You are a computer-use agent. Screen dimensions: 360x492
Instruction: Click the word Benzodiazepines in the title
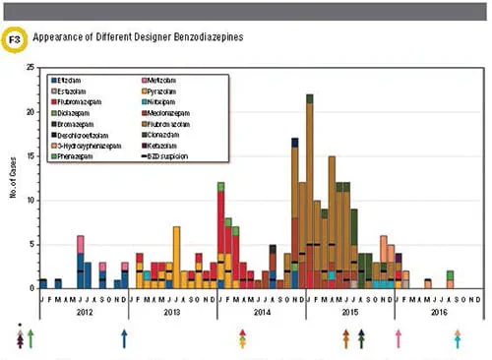tap(202, 37)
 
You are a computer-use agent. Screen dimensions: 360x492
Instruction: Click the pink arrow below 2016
tap(399, 338)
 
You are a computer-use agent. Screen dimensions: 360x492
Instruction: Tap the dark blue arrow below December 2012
tap(124, 338)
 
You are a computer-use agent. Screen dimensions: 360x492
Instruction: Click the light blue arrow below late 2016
tap(458, 338)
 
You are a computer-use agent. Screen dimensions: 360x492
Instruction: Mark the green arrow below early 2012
tap(31, 338)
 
